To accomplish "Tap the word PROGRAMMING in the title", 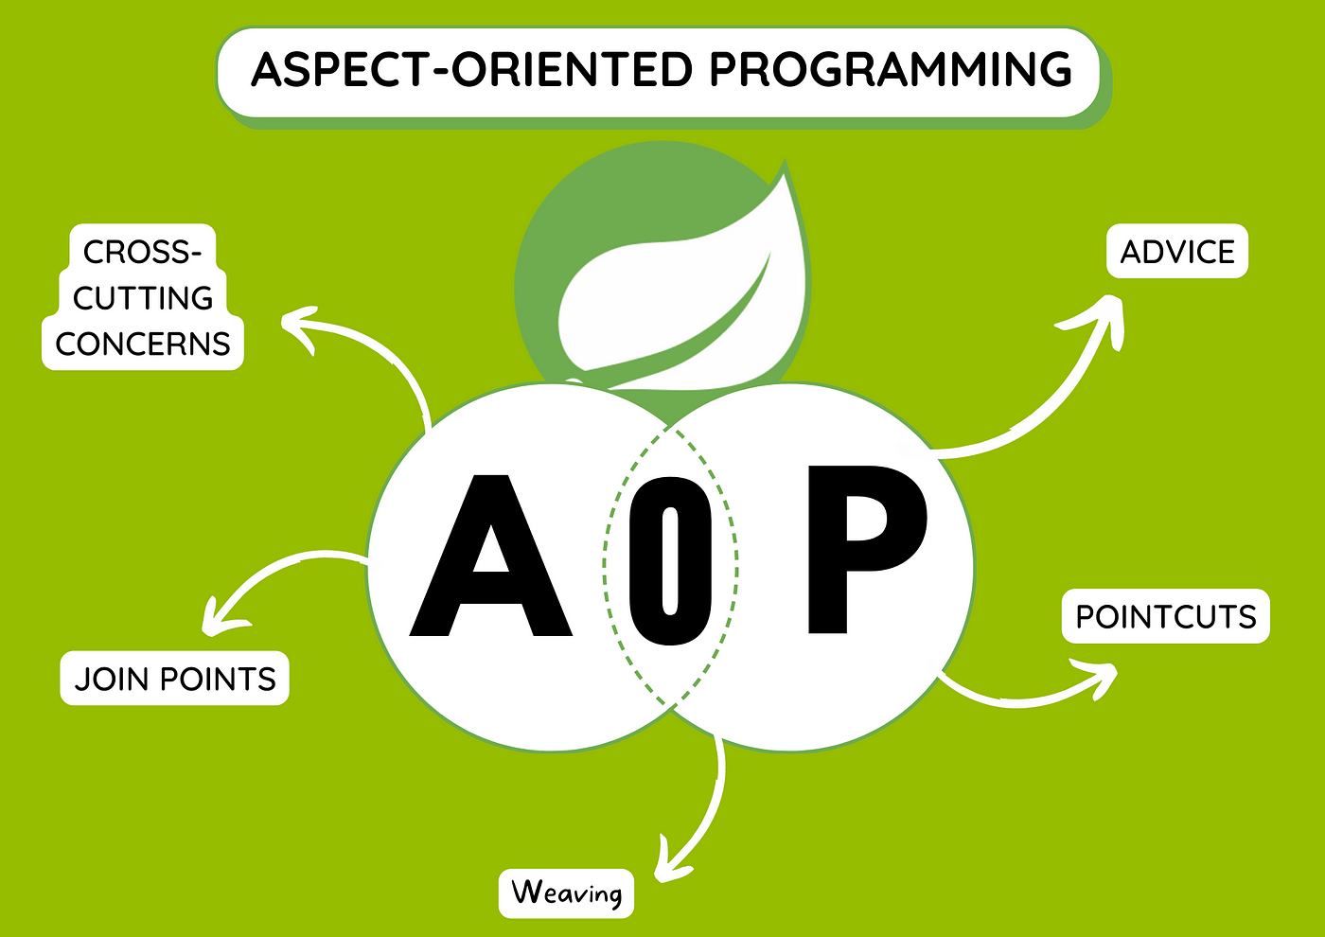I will [x=890, y=70].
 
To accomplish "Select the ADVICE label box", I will [x=1177, y=252].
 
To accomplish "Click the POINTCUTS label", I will [x=1165, y=617].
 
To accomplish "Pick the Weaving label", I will [x=566, y=893].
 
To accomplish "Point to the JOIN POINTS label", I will [x=175, y=679].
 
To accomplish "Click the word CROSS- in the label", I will [x=142, y=252].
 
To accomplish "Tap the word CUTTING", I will [x=143, y=298].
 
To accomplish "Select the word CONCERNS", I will [x=143, y=344].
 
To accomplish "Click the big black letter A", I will [x=490, y=558].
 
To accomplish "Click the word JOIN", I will [x=113, y=679].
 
